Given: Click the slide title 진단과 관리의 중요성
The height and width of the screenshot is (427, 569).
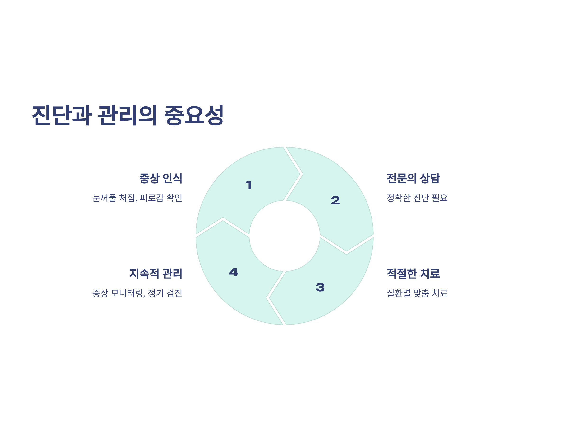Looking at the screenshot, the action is pos(128,115).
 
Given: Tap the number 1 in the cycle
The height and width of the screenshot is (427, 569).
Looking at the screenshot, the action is pos(248,185).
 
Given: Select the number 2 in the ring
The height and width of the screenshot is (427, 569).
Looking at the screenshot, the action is pos(335,200).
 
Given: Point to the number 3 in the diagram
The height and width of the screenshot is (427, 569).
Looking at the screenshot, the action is pos(320,287).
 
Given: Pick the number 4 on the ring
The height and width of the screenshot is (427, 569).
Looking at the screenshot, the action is pos(233,272).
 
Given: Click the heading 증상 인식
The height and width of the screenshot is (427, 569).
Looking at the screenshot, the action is pos(161,178).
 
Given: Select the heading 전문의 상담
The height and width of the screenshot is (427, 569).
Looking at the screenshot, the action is pos(413,178).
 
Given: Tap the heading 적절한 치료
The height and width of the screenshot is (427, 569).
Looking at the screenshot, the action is pos(413,274).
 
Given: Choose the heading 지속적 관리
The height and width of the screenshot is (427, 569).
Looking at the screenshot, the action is pos(156,274).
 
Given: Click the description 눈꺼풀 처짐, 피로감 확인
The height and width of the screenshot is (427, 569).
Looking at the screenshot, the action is pos(137,198).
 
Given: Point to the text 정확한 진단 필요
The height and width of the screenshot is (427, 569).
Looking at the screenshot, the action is pos(417,198).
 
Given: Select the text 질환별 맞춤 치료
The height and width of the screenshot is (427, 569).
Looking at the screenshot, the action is pos(417,293).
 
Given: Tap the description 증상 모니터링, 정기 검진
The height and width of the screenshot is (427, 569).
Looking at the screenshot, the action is pos(137,293).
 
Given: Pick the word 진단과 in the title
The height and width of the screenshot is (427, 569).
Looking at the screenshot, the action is pos(62,115).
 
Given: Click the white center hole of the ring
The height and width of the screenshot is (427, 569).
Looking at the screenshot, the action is pos(284,236).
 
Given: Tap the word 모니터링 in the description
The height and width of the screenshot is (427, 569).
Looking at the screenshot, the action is pos(127,293).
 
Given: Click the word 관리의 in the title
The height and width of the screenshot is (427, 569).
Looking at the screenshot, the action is pos(128,115).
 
